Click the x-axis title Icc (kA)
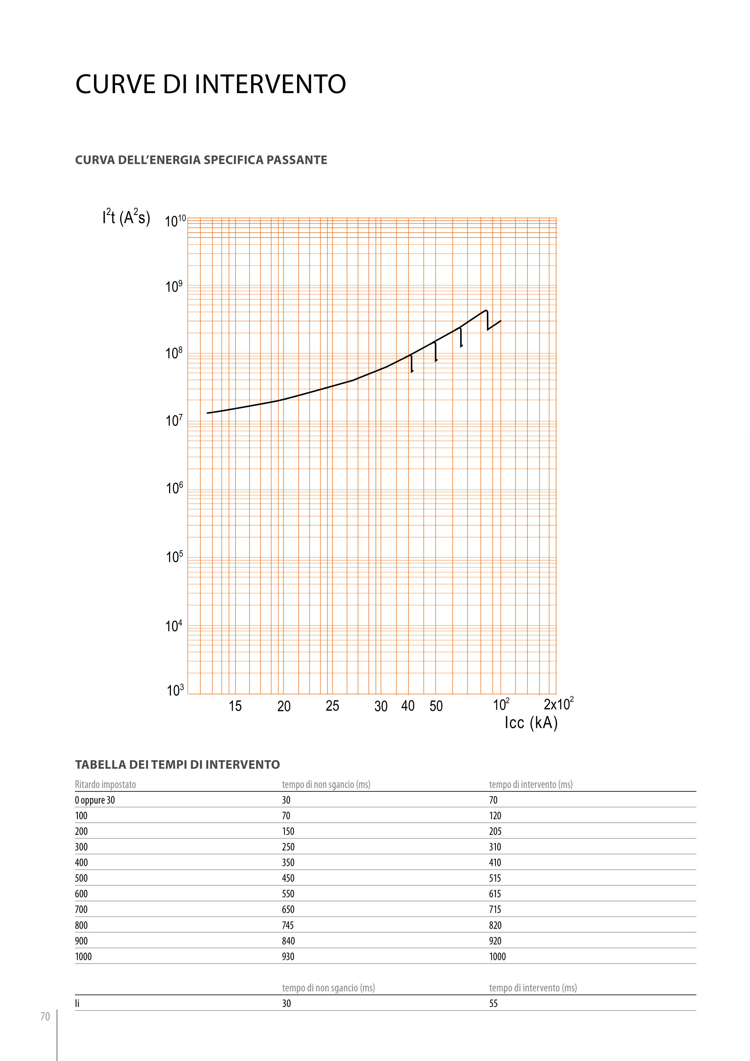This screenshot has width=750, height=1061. coord(531,722)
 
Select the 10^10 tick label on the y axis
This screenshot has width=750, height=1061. coord(175,221)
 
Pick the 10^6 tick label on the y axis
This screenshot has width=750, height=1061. coord(174,488)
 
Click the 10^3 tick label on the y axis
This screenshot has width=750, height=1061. coord(175,690)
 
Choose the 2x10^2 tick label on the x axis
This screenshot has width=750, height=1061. coord(558,704)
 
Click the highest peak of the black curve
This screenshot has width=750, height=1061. coord(486,311)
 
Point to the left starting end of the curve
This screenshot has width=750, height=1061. coord(208,413)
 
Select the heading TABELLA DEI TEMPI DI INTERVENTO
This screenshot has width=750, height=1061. coord(178,764)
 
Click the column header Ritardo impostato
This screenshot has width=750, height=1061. coord(105,784)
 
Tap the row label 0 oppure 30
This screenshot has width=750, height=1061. coord(95,800)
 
